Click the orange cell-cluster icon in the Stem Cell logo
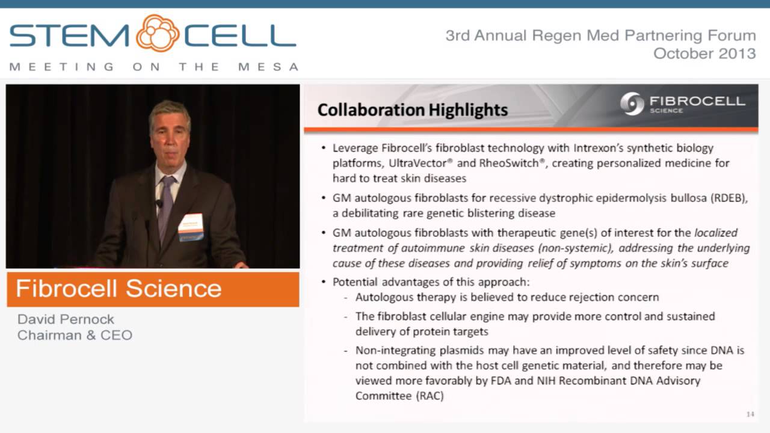158,34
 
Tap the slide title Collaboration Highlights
412,109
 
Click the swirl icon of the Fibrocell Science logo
632,103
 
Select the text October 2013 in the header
704,54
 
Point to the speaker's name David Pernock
66,319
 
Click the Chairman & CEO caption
75,336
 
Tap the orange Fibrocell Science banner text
119,289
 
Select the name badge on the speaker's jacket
191,227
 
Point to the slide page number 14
750,414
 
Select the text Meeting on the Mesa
154,67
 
